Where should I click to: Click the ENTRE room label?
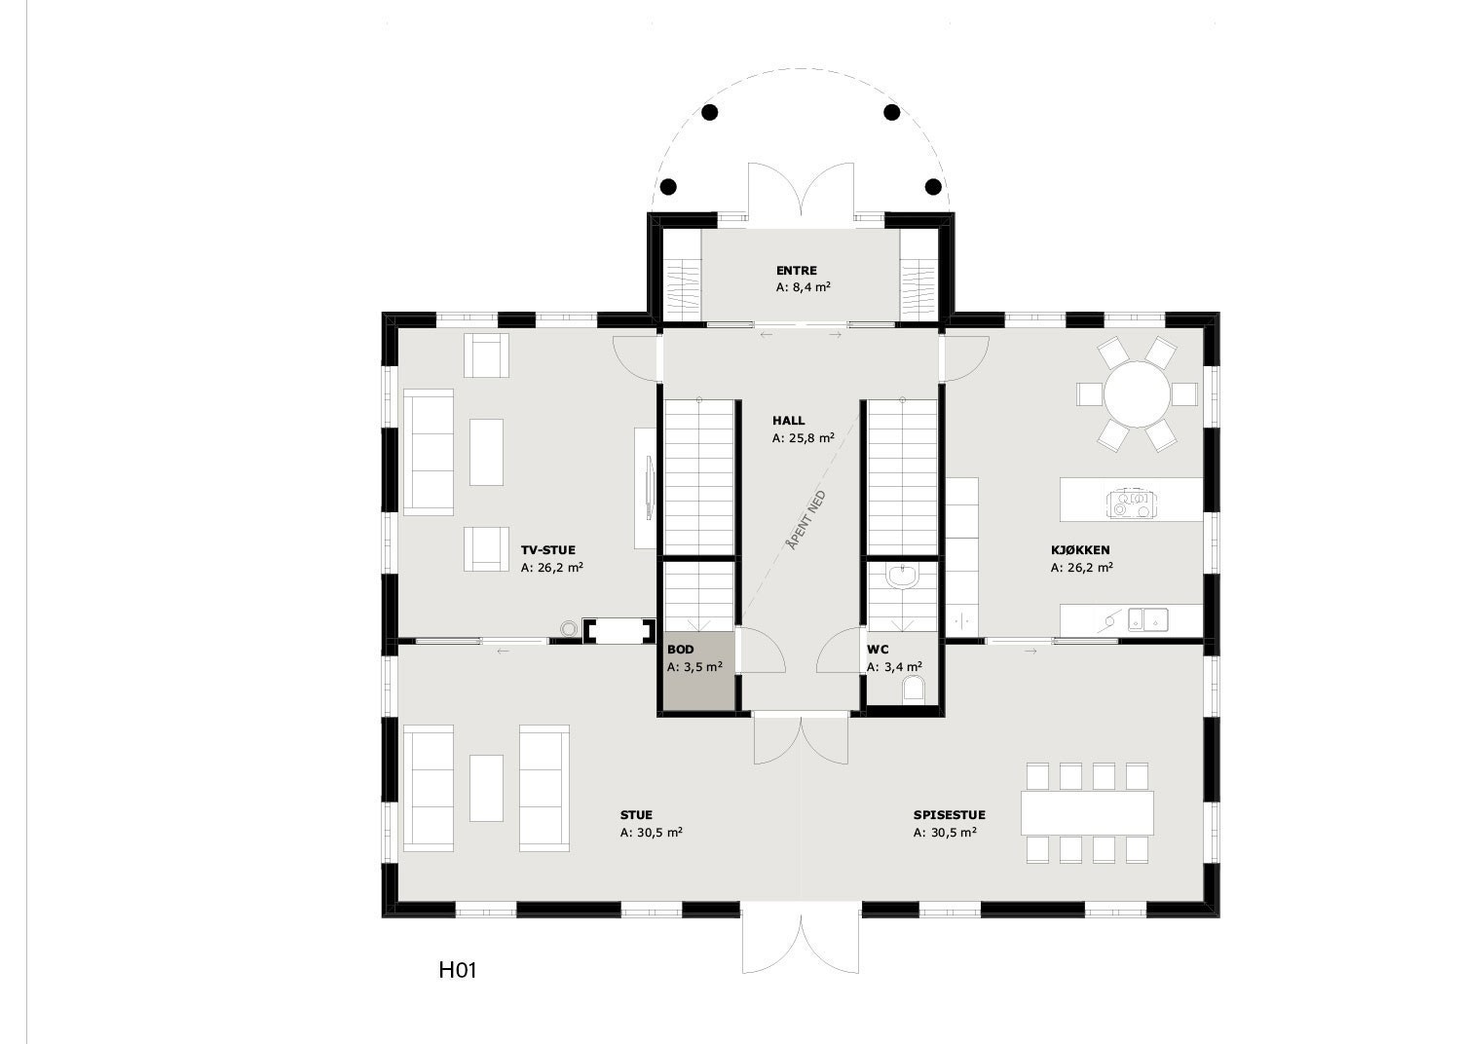pos(796,271)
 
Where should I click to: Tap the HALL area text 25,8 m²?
pos(803,438)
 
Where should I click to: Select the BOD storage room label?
pos(680,649)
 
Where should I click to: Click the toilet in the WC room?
pos(914,691)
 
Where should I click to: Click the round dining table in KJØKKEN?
pos(1137,394)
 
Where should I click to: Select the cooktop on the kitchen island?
pos(1130,503)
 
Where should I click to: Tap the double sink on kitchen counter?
pos(1148,618)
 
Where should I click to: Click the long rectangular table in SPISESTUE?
pos(1087,812)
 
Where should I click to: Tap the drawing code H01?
pos(457,970)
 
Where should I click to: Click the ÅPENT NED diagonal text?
pos(806,522)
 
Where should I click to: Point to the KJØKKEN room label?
pos(1079,550)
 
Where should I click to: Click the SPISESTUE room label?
pos(949,815)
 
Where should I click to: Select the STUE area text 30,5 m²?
pos(651,833)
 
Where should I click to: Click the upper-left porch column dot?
pos(710,112)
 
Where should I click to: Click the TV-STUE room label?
pos(547,550)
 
